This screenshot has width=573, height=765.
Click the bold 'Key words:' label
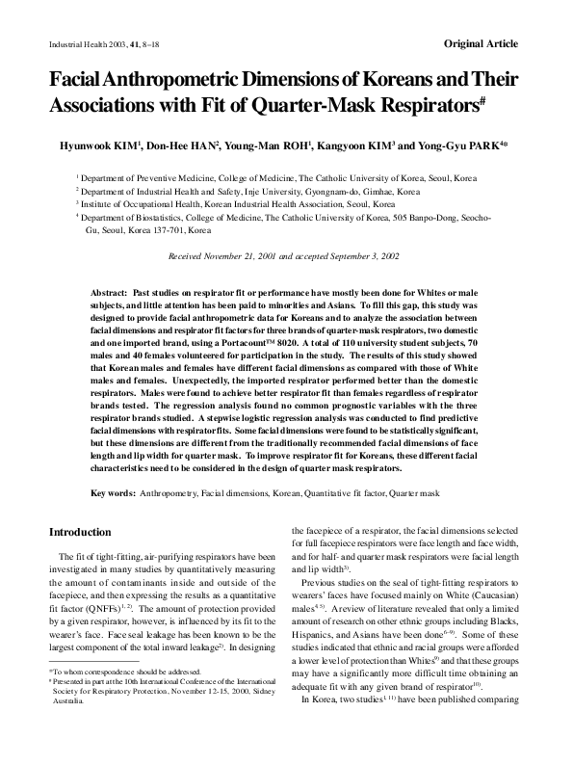pyautogui.click(x=113, y=493)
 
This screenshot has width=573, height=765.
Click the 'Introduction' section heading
pyautogui.click(x=80, y=532)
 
